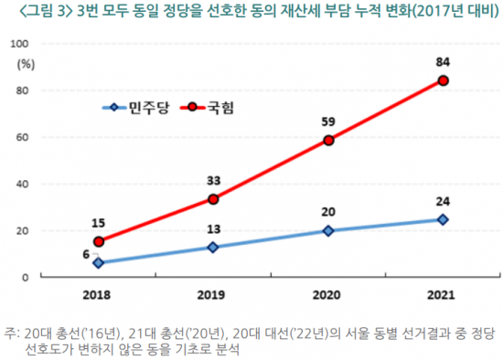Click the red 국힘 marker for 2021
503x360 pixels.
coord(443,80)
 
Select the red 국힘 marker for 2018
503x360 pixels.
coord(98,241)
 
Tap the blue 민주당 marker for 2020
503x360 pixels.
coord(327,230)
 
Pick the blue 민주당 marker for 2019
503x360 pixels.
coord(213,247)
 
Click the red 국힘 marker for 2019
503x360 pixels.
coord(213,199)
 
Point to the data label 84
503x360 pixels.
coord(443,60)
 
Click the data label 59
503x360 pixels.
coord(327,120)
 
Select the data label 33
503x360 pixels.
coord(213,179)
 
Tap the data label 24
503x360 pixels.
coord(443,200)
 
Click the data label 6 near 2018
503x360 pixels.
coord(85,256)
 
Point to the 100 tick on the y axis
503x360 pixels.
coord(25,44)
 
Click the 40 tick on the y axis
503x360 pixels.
coord(27,184)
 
